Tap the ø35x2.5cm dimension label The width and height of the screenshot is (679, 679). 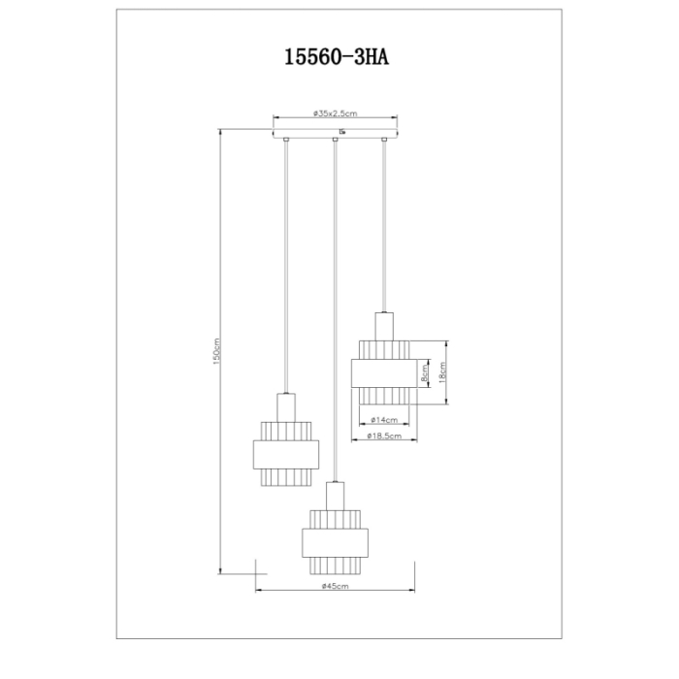coord(337,113)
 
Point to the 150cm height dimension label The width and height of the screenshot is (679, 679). coord(216,351)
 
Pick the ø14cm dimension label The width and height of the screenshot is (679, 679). coord(385,420)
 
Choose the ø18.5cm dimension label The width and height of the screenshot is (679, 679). coord(385,438)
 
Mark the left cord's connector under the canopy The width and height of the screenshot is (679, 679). coord(284,143)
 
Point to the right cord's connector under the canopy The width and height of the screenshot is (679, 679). coord(385,143)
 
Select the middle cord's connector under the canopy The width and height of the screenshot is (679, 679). coord(335,143)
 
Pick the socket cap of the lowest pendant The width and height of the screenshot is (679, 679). coord(335,495)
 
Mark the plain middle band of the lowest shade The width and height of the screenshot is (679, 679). coord(335,541)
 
